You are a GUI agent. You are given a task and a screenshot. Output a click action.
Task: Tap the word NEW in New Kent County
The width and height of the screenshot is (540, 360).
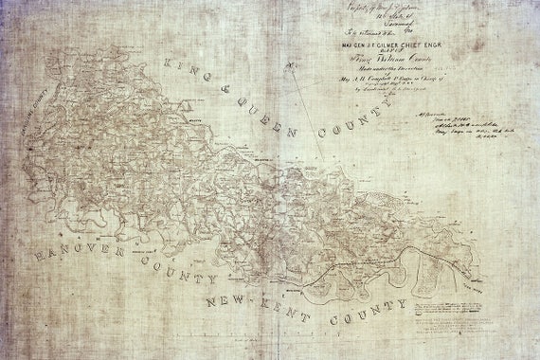[x=228, y=302]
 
